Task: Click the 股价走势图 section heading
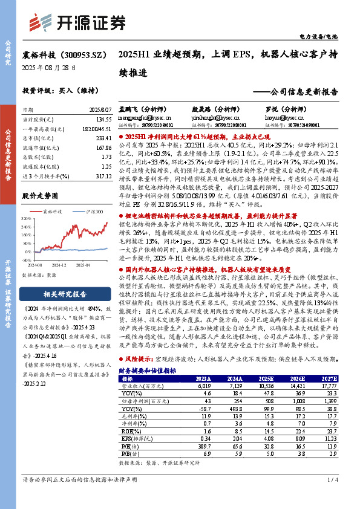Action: [41, 196]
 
